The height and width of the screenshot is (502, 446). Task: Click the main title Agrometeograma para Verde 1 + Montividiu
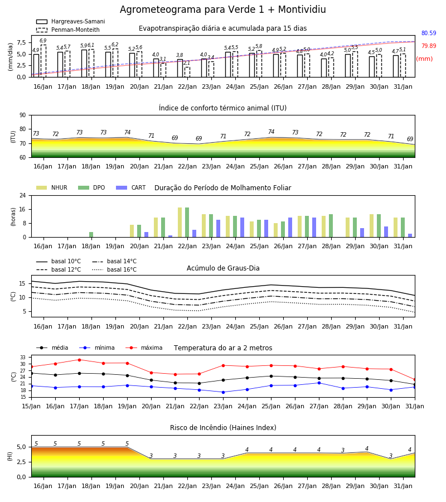point(222,9)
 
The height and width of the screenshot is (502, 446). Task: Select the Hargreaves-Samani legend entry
point(70,21)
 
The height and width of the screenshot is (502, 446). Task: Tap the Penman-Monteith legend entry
point(68,30)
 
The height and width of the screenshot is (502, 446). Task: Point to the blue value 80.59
point(429,33)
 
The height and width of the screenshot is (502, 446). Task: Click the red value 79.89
point(429,46)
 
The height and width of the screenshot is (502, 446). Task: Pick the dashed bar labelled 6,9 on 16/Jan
point(43,61)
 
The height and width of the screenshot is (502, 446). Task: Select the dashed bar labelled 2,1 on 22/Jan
point(187,72)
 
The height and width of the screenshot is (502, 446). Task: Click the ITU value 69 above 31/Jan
point(410,139)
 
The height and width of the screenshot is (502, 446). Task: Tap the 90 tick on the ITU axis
point(23,115)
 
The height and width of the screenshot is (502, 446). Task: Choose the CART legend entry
point(131,187)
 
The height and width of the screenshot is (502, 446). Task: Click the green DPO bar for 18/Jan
point(91,234)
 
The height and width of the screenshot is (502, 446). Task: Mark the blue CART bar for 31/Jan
point(410,235)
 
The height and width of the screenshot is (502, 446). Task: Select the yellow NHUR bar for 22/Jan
point(180,222)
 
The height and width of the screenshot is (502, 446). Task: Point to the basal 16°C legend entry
point(114,269)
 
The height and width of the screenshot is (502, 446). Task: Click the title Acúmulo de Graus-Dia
point(223,268)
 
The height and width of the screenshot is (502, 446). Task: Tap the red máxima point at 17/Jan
point(79,360)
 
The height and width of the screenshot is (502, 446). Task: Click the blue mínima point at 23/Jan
point(224,392)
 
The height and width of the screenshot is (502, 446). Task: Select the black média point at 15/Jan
point(32,373)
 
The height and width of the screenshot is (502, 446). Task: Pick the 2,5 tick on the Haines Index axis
point(21,462)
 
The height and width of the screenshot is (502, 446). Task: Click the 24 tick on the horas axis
point(23,195)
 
